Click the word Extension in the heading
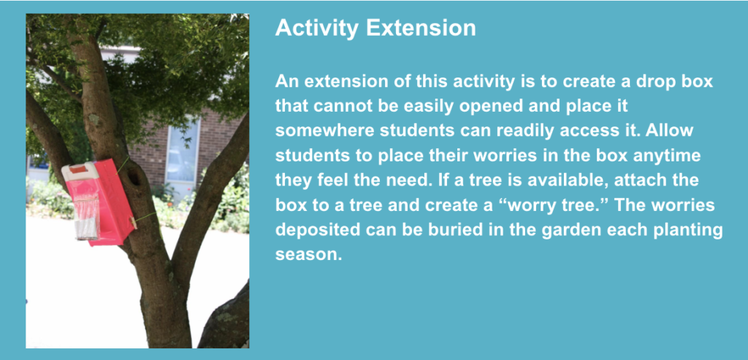[x=421, y=28]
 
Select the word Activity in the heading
[x=317, y=29]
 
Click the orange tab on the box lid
[x=80, y=169]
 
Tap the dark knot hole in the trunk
[x=135, y=177]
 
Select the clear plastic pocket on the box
[x=86, y=218]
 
